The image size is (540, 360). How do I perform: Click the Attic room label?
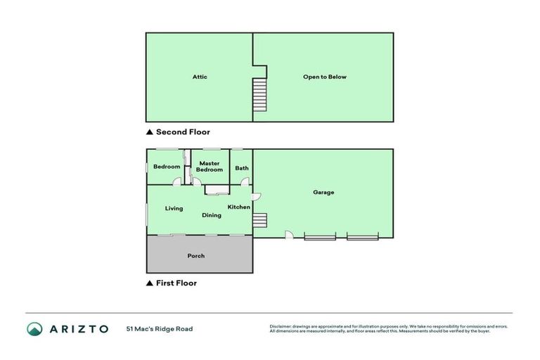(x=200, y=77)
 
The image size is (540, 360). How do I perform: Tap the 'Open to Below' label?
(x=324, y=77)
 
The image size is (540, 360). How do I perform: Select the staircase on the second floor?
(x=260, y=93)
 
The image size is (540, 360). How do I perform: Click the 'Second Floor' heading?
(x=183, y=132)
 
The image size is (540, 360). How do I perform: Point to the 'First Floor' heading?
(x=176, y=283)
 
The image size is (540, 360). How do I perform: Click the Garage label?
(x=323, y=192)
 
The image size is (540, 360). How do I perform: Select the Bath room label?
(x=242, y=168)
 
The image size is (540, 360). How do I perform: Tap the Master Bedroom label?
(x=209, y=167)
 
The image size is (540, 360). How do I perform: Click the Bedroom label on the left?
(x=167, y=167)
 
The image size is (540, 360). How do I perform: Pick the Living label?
(x=174, y=208)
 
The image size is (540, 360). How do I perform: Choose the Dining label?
(x=212, y=215)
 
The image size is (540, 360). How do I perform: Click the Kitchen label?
(x=238, y=207)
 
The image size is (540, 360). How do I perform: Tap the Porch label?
(x=196, y=256)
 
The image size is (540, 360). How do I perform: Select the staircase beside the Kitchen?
(x=260, y=220)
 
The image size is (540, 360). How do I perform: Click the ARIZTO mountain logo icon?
(x=34, y=328)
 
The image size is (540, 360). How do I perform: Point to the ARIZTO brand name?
(x=78, y=328)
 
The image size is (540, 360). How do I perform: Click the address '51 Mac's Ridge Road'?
(x=160, y=328)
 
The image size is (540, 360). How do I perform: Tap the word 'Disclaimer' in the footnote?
(x=280, y=326)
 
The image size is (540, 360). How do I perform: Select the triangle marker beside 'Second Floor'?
(x=149, y=132)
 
